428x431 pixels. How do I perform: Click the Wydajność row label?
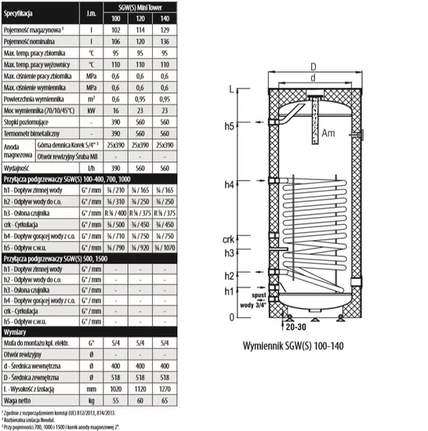(x=18, y=167)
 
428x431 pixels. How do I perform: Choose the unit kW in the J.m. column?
(x=92, y=111)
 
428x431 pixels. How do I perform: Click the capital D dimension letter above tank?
(x=313, y=66)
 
